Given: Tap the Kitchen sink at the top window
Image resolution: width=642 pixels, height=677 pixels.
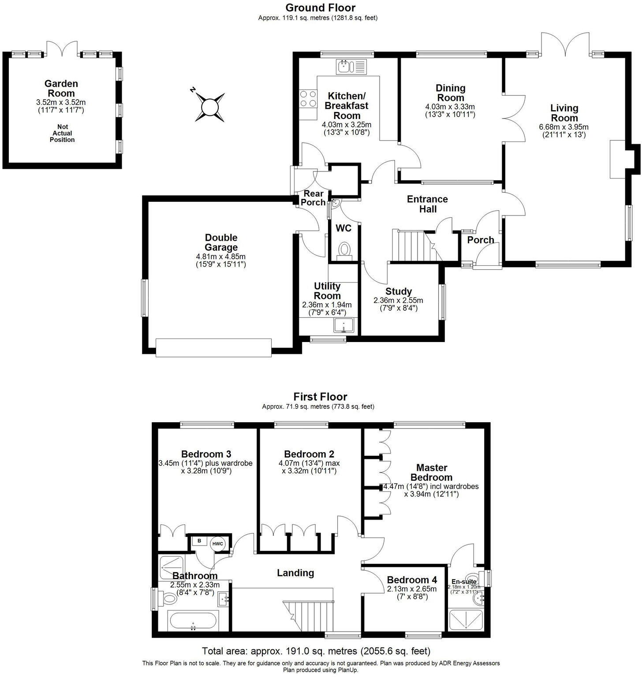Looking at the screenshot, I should click(351, 67).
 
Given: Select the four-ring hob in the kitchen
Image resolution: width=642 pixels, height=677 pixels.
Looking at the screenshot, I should click(308, 99).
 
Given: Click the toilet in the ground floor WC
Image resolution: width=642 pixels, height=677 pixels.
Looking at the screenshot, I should click(344, 250).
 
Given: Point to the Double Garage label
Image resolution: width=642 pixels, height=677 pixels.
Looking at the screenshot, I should click(221, 243).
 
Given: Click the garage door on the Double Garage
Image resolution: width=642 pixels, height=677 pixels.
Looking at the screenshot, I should click(213, 347).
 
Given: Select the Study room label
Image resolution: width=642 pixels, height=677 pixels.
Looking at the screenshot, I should click(398, 291).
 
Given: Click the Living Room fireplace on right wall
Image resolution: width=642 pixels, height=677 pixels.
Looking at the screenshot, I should click(617, 159).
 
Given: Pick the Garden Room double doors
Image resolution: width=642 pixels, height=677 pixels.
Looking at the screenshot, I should click(62, 49).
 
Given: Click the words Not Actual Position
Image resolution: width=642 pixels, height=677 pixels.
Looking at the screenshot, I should click(63, 133).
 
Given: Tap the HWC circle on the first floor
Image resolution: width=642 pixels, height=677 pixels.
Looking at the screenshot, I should click(218, 543).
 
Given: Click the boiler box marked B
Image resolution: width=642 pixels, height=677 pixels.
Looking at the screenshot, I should click(199, 541).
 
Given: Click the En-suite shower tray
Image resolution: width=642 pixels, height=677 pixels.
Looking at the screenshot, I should click(465, 619).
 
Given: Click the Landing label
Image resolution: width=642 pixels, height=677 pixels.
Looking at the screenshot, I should click(295, 573).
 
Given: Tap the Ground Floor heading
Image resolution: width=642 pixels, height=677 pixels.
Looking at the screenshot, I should click(320, 7).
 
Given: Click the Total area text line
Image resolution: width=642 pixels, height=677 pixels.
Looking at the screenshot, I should click(316, 651).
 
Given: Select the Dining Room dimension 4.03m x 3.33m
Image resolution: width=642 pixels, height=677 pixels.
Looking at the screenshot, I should click(450, 107).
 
